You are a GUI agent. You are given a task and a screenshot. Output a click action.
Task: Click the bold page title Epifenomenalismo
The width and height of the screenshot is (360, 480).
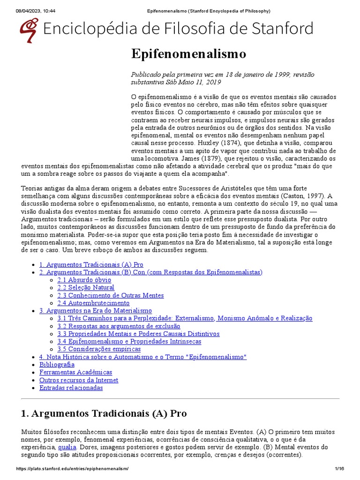(188, 54)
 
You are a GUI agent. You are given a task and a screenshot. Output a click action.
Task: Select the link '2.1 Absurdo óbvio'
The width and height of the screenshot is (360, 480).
(84, 280)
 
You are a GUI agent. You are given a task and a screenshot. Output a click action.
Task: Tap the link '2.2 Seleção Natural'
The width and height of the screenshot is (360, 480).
(86, 287)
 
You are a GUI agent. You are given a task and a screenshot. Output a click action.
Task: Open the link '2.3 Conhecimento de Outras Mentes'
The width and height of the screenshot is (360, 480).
(111, 295)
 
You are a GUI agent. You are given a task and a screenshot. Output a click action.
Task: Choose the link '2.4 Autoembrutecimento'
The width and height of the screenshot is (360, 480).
(93, 303)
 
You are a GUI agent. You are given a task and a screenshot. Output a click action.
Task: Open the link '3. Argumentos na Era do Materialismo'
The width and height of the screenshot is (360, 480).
(96, 310)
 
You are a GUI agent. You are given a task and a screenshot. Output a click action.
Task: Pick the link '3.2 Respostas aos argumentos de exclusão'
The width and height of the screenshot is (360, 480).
(119, 326)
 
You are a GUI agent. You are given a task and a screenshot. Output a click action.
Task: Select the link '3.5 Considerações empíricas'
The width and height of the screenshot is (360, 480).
(99, 349)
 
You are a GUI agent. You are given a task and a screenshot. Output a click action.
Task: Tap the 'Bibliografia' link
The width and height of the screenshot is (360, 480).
(57, 364)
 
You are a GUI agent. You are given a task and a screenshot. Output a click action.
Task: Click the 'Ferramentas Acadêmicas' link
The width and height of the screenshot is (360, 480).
(76, 372)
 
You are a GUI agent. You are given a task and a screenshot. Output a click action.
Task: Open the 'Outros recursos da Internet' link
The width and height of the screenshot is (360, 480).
(79, 380)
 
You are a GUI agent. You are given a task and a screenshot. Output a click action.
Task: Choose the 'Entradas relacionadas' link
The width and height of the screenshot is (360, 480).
(71, 388)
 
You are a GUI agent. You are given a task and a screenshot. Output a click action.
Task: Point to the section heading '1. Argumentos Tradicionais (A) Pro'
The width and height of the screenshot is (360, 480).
(104, 413)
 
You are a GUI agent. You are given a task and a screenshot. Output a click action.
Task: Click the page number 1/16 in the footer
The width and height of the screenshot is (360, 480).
(339, 469)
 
